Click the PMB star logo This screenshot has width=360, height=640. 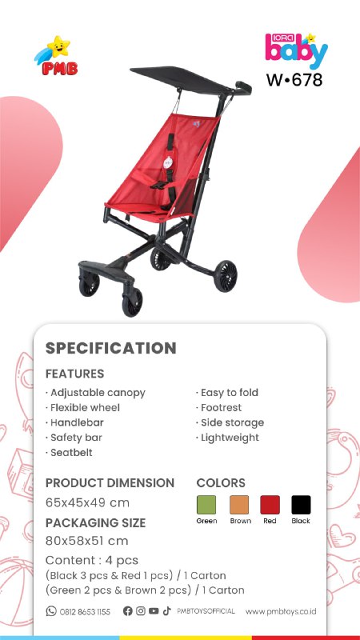point(56,55)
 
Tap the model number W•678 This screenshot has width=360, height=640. point(294,79)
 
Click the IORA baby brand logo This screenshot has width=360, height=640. point(296,50)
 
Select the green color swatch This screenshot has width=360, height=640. point(206,505)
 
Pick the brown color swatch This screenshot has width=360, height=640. point(239,505)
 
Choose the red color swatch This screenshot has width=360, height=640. point(270,505)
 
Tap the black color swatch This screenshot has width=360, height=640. point(301,505)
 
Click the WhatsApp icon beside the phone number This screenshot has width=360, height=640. point(51,611)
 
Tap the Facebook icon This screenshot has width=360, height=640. point(128,611)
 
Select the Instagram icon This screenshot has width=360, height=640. point(141,611)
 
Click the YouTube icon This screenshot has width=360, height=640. point(154,611)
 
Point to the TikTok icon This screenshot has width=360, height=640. point(166,611)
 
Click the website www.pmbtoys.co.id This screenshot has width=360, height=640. point(281,611)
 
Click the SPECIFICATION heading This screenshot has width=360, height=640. point(110,348)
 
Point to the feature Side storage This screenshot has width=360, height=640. point(230,422)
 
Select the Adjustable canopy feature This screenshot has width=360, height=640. point(95,393)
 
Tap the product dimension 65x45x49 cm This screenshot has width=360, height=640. point(87,502)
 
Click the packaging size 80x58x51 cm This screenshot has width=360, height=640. point(87,541)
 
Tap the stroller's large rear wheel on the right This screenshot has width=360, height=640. point(226,276)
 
